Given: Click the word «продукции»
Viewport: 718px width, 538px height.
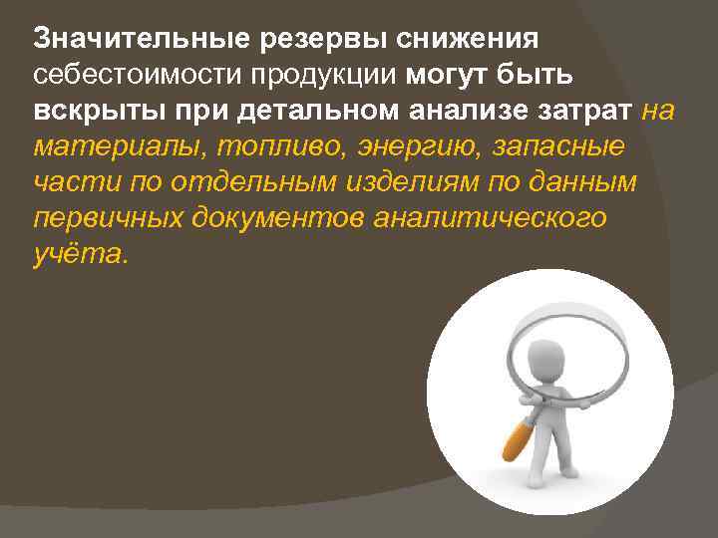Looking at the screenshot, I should (x=319, y=76).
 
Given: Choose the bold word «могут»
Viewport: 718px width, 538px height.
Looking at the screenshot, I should (x=455, y=76).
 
